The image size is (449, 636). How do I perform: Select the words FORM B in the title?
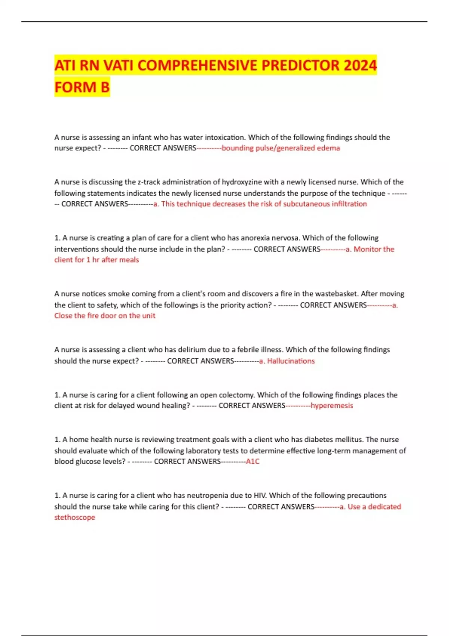pyautogui.click(x=82, y=87)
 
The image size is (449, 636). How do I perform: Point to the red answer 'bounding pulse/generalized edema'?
pyautogui.click(x=281, y=148)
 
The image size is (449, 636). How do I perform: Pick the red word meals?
pyautogui.click(x=129, y=260)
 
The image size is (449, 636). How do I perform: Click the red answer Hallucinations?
pyautogui.click(x=291, y=361)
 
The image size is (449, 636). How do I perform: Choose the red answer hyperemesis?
pyautogui.click(x=332, y=406)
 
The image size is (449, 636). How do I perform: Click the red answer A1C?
pyautogui.click(x=253, y=462)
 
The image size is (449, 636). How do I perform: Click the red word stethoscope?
pyautogui.click(x=75, y=517)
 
